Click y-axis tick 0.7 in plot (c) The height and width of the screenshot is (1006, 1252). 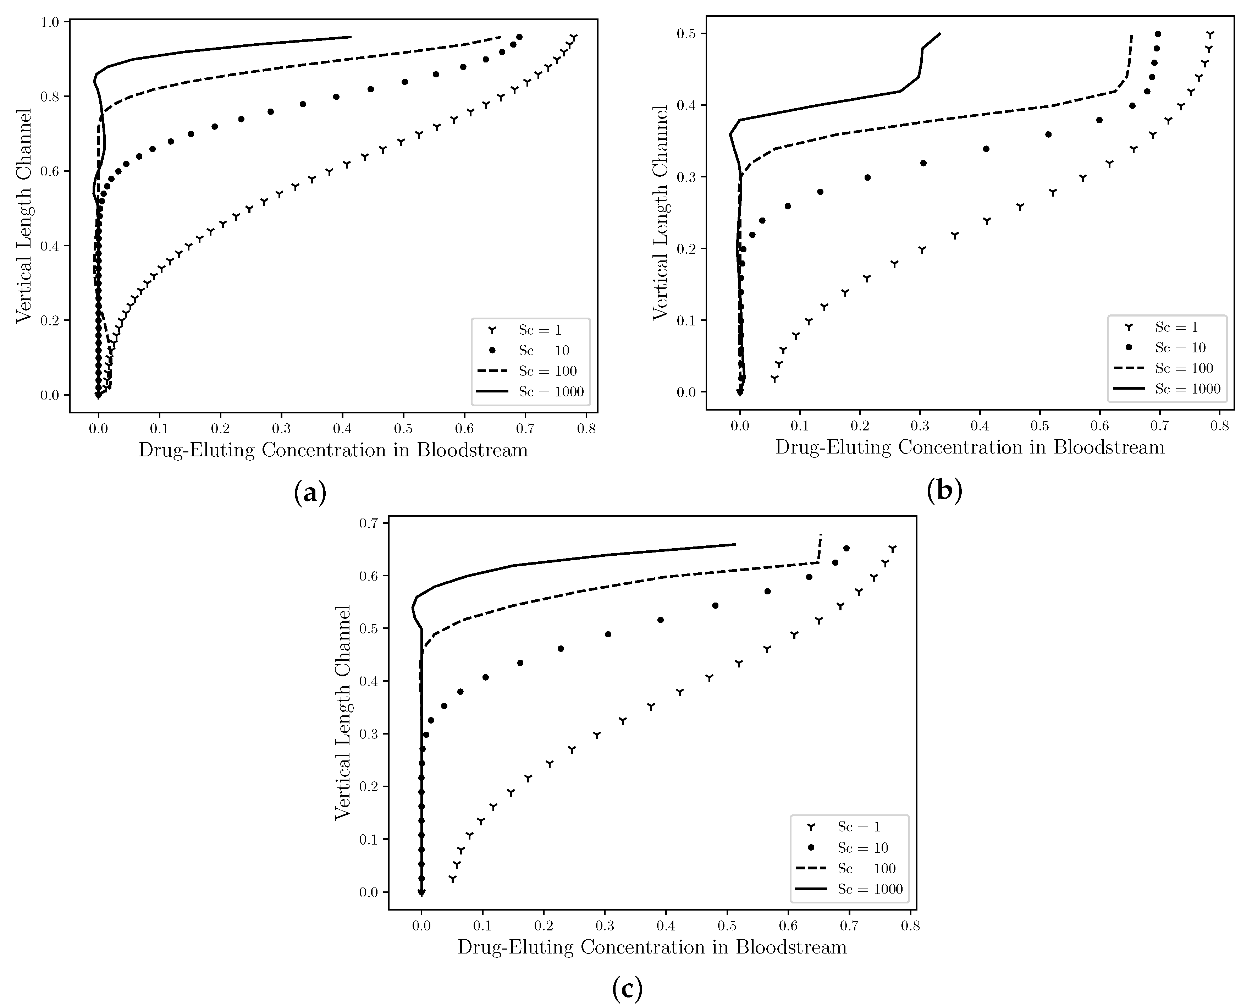tap(370, 523)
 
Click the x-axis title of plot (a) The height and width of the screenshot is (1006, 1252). tap(333, 451)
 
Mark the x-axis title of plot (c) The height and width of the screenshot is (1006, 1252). tap(652, 947)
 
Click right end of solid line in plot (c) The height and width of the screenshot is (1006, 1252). tap(735, 544)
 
